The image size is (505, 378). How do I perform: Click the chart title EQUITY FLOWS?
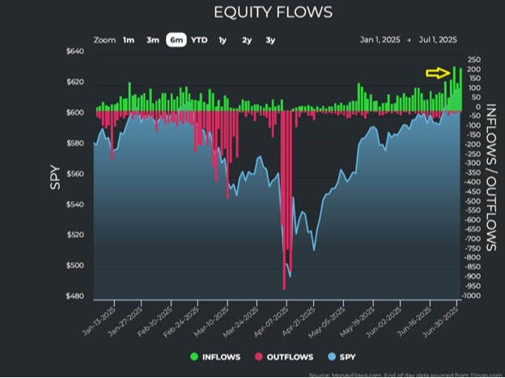261,13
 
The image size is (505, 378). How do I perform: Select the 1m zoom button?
129,40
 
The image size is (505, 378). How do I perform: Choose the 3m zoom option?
152,40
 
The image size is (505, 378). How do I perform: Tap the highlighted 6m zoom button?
176,40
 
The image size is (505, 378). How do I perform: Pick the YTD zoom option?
198,40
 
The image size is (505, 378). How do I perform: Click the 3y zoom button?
270,40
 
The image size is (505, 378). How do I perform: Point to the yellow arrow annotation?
438,73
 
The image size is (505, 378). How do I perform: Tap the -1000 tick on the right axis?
472,296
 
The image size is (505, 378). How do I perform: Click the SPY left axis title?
55,177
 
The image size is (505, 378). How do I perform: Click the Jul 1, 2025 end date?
438,40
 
